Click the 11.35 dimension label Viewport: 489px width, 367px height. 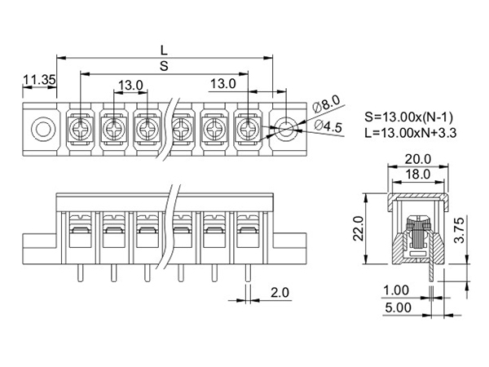pos(40,80)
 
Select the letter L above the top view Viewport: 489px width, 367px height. pos(164,50)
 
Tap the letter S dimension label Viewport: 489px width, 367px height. pos(164,66)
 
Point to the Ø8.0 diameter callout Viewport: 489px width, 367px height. pos(325,104)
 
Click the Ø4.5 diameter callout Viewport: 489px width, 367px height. pos(328,126)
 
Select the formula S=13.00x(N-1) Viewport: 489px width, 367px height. pos(408,117)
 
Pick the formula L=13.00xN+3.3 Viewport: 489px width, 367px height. pos(411,133)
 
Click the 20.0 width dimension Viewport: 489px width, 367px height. pos(417,159)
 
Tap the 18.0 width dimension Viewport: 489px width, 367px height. pos(417,175)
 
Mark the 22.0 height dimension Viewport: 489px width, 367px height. pos(359,228)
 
